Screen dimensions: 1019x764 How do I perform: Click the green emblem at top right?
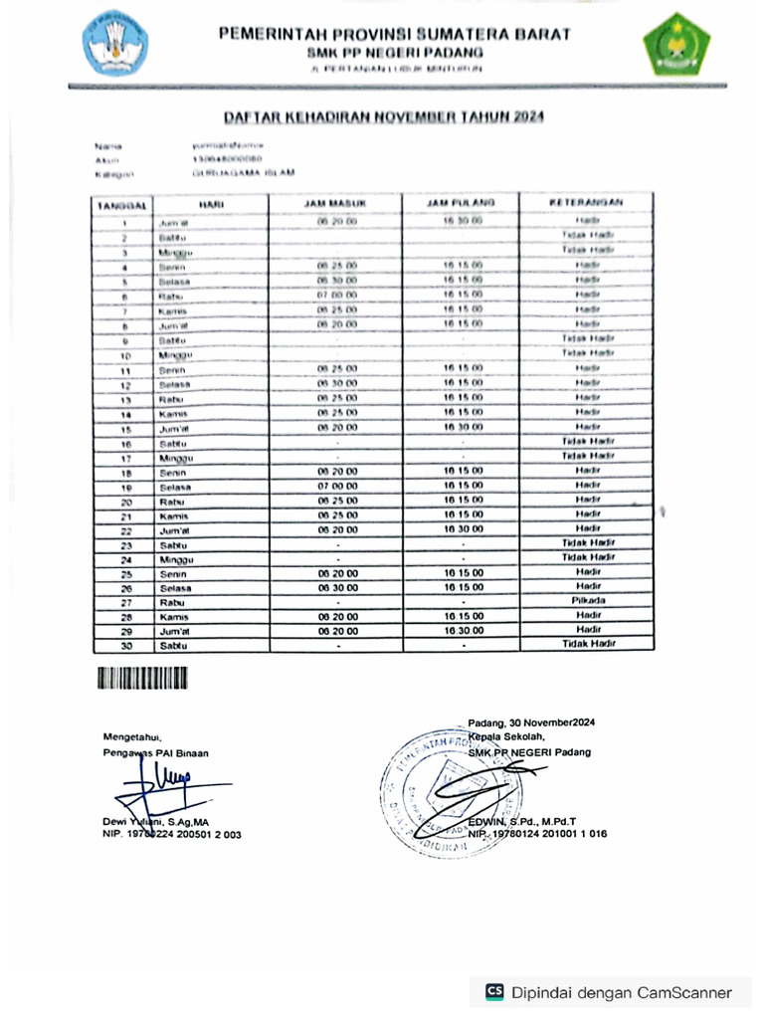point(675,44)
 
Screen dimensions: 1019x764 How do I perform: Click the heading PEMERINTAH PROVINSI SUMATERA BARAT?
point(395,34)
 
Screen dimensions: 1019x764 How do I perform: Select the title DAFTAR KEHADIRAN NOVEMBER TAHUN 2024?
point(383,116)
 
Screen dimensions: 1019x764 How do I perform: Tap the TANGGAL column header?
point(121,203)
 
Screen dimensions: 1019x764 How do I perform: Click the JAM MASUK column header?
point(336,203)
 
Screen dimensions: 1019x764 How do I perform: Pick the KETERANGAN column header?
point(587,203)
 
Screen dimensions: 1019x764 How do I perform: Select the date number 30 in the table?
point(126,645)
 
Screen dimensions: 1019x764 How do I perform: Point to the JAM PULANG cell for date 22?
point(463,528)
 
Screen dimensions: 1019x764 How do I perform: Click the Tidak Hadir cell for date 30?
point(588,644)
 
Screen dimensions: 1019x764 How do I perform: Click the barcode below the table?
point(142,680)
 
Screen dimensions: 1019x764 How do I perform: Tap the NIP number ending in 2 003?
point(171,835)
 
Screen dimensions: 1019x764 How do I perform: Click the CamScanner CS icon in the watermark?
point(494,991)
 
